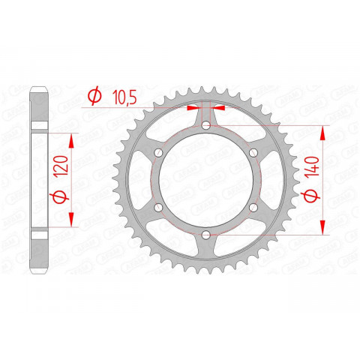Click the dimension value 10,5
[x=125, y=96]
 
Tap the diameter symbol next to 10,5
[x=94, y=96]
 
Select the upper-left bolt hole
[x=157, y=153]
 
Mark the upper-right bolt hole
[x=253, y=153]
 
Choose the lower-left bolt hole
[x=157, y=209]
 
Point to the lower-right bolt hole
[x=253, y=209]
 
